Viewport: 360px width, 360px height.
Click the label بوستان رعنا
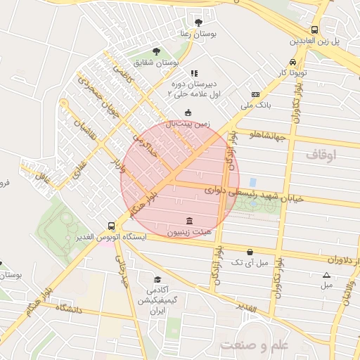tap(196, 34)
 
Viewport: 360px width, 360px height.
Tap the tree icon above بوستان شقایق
tap(155, 51)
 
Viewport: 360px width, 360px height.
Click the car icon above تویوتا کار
tap(292, 61)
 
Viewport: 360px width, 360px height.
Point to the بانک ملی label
tap(255, 105)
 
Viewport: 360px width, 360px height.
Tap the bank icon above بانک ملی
tap(255, 94)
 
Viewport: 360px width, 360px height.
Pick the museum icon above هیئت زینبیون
tap(187, 220)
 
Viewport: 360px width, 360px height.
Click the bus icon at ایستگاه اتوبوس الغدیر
tap(111, 226)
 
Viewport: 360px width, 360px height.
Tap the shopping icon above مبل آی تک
tap(250, 252)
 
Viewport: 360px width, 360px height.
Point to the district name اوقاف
tap(323, 153)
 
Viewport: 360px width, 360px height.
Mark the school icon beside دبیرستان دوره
tap(195, 72)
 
